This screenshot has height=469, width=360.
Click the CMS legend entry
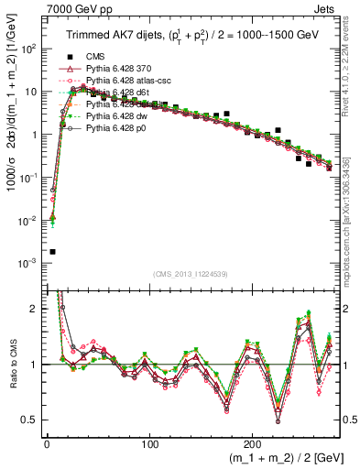tap(95, 56)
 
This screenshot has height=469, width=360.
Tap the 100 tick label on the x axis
tap(149, 443)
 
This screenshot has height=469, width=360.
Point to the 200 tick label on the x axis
tap(253, 443)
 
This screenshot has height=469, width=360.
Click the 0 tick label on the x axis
tap(47, 443)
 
